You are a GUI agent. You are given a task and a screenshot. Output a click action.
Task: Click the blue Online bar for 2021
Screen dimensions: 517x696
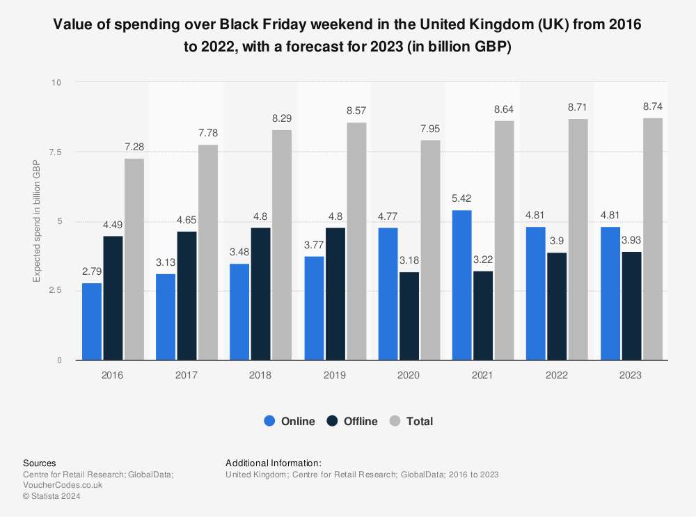coord(461,285)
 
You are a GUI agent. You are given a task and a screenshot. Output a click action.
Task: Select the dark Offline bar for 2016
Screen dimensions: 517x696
coord(113,298)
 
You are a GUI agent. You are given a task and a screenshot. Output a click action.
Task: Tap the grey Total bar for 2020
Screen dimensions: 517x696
coord(430,250)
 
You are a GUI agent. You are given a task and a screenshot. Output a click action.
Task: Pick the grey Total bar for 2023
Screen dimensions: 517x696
coord(652,239)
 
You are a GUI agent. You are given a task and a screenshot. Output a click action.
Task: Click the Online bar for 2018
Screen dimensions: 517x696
coord(239,312)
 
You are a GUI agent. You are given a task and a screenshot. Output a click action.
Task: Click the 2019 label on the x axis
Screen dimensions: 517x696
coord(335,375)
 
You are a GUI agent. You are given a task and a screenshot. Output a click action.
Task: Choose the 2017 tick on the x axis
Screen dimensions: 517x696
coord(187,375)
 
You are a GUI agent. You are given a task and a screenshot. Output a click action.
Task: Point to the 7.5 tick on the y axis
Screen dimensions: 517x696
coord(55,152)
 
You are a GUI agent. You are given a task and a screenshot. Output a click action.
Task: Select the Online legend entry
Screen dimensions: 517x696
coord(289,421)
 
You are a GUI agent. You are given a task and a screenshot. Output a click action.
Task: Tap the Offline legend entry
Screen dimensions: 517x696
coord(351,421)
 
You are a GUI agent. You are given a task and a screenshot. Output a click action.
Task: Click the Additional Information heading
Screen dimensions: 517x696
coord(274,463)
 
